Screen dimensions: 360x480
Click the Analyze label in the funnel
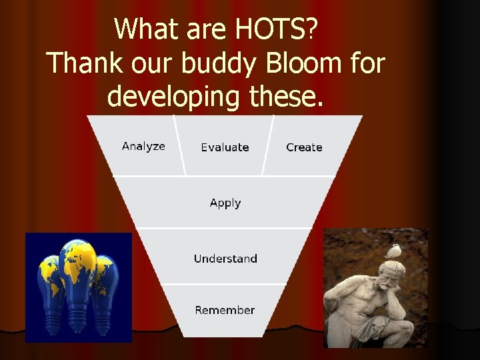coord(143,146)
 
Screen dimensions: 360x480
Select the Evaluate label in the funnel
coord(225,147)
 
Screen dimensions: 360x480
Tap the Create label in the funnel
coord(304,147)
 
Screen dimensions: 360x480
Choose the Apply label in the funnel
coord(225,203)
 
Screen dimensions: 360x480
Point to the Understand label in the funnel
coord(225,259)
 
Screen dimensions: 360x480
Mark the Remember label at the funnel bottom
coord(225,310)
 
